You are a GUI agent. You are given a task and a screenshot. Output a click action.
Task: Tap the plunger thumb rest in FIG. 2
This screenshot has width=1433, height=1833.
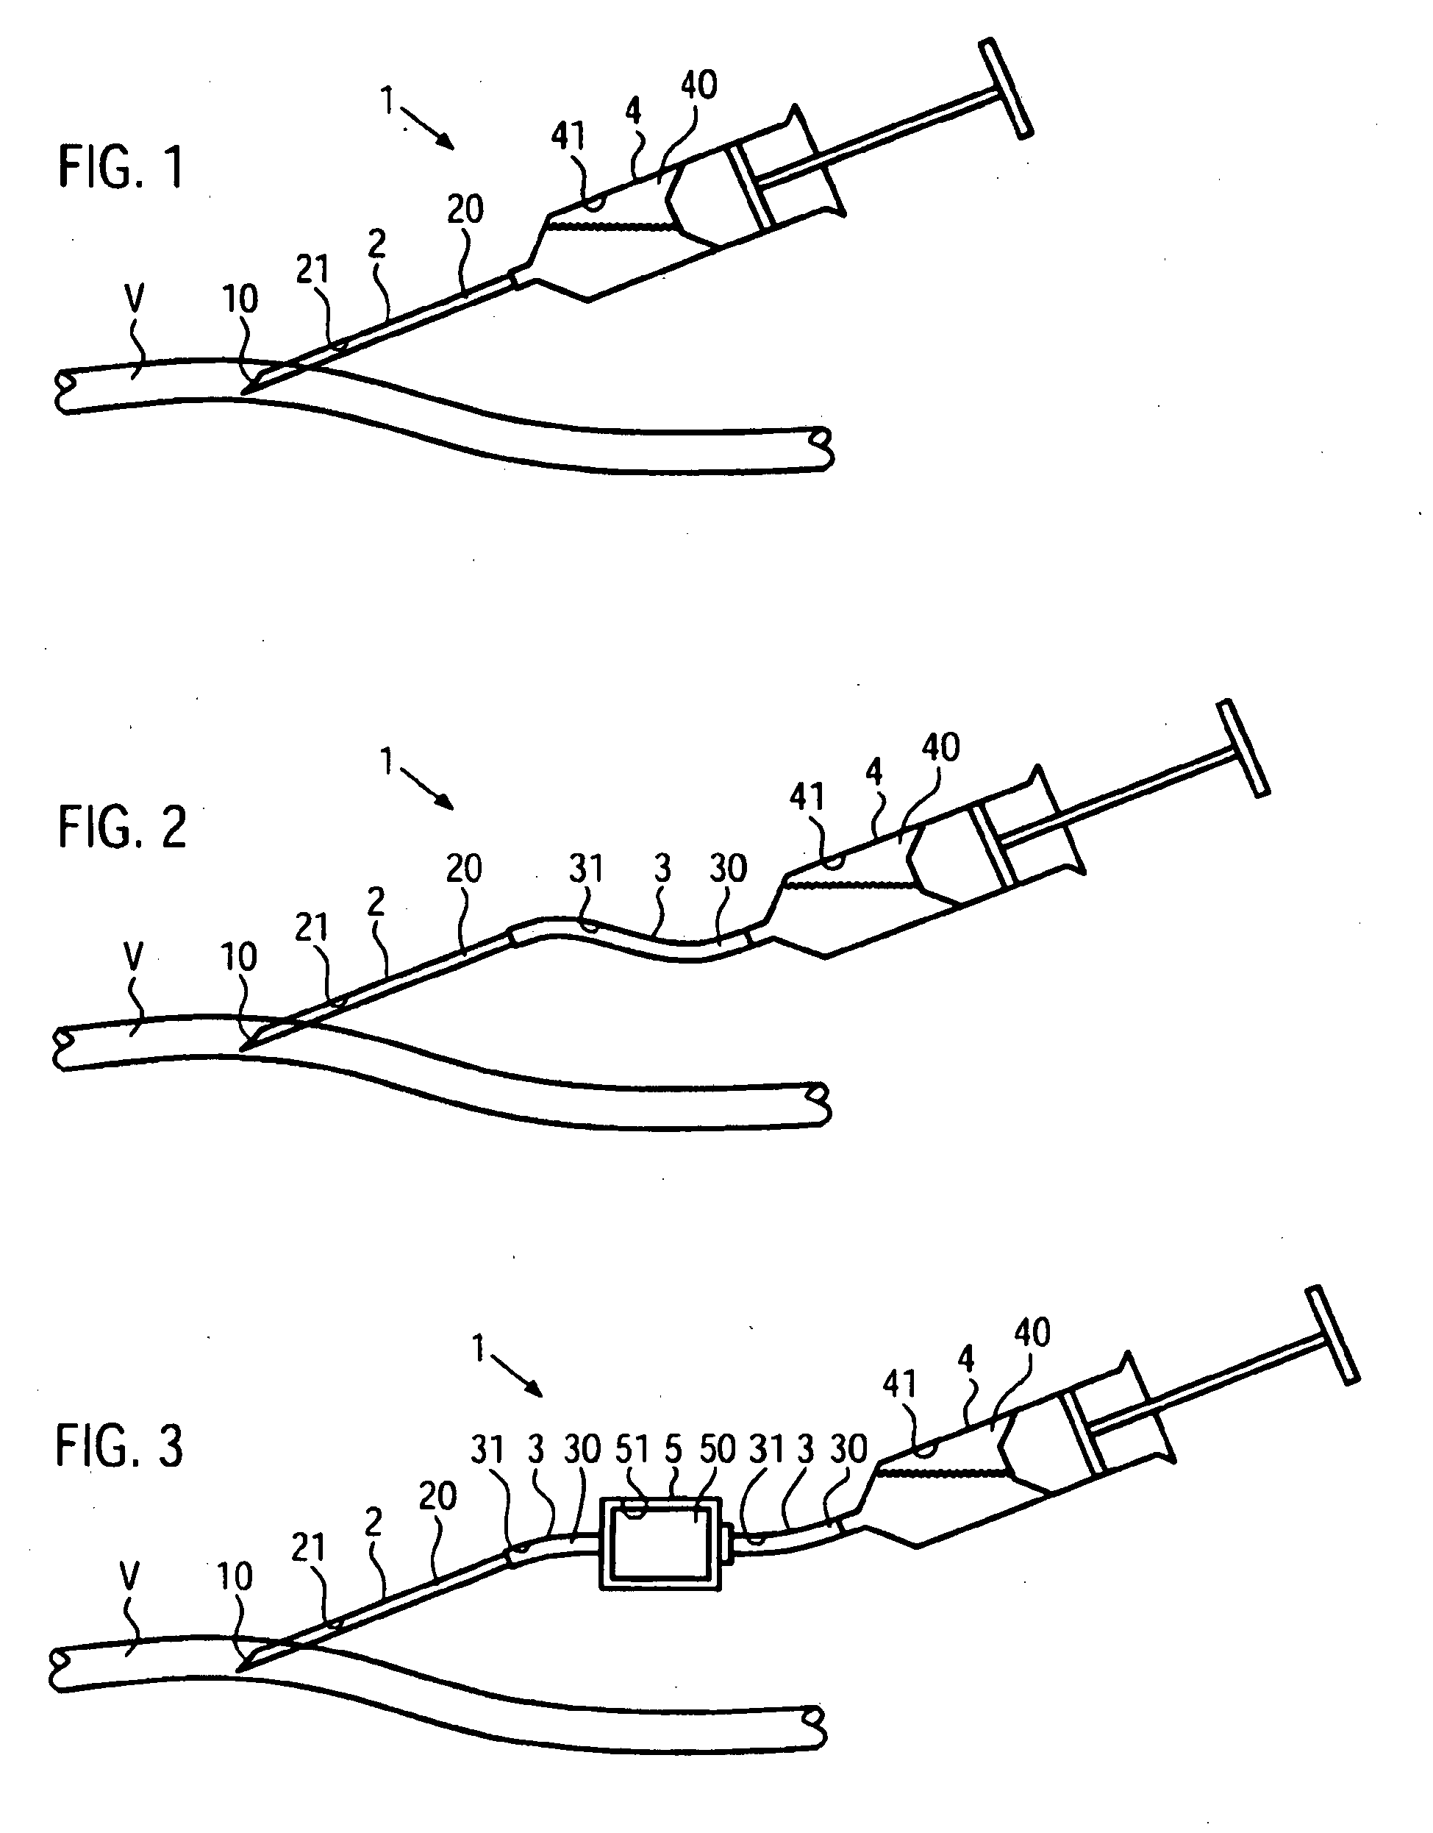pos(1243,747)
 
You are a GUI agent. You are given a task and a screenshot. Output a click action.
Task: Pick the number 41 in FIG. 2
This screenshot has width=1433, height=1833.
pos(807,797)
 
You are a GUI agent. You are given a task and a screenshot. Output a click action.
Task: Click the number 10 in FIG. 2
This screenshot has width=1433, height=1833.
pos(239,957)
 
